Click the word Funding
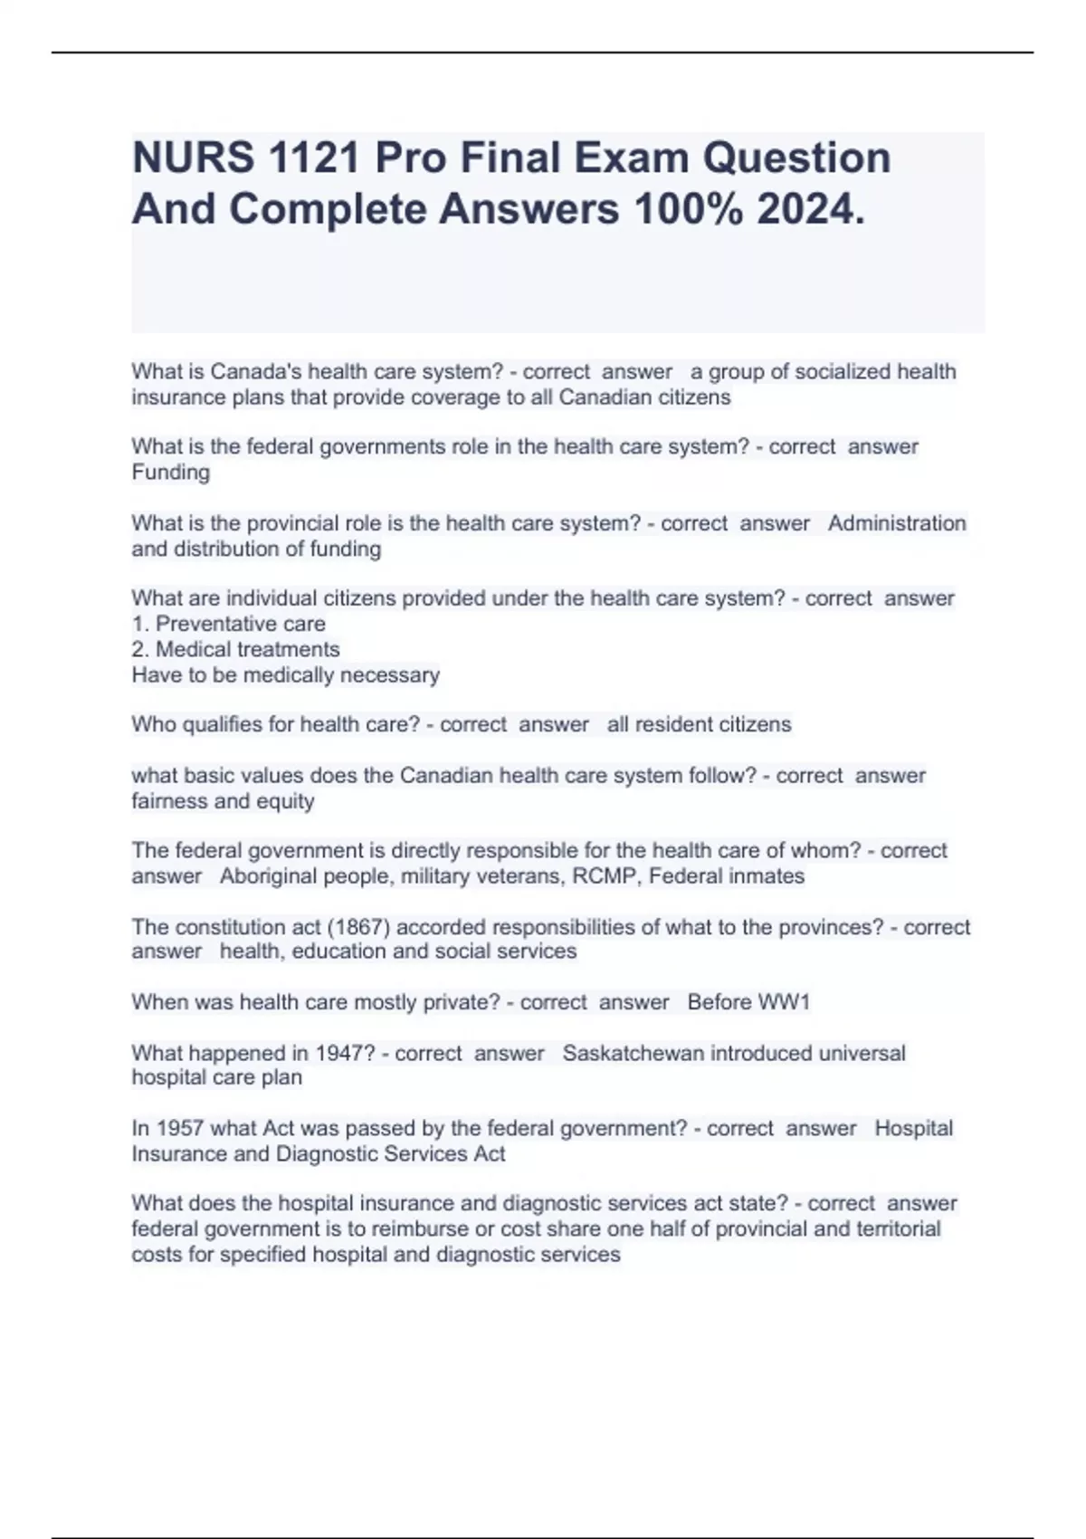tap(170, 473)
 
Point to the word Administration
tap(897, 523)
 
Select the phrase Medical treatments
tap(247, 649)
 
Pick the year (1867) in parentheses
tap(357, 927)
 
